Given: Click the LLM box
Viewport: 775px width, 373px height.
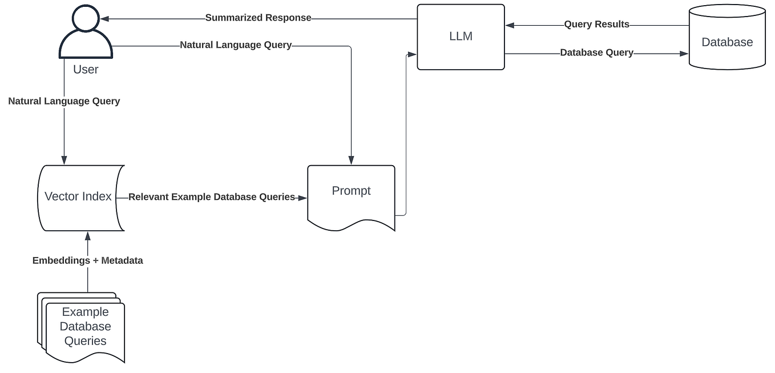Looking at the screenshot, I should [461, 37].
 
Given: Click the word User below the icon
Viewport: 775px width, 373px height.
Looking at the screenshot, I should [86, 70].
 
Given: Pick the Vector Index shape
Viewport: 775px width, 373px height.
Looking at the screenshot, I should [78, 197].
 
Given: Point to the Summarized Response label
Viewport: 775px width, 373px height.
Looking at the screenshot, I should [258, 18].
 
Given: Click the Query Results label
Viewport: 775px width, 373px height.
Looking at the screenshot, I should [596, 25].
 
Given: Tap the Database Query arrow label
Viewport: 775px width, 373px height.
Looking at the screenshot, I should [596, 53].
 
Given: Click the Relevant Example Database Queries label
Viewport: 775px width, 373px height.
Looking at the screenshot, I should [212, 197].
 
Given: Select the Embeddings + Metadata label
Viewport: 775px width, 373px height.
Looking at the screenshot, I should [87, 260].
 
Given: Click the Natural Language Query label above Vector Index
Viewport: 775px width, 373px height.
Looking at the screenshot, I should [64, 101].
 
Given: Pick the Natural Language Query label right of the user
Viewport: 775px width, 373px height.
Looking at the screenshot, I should [236, 45].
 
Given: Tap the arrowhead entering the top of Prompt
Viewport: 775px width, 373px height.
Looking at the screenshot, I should [351, 161].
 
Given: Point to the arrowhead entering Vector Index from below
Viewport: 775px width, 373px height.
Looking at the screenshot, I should [87, 235].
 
